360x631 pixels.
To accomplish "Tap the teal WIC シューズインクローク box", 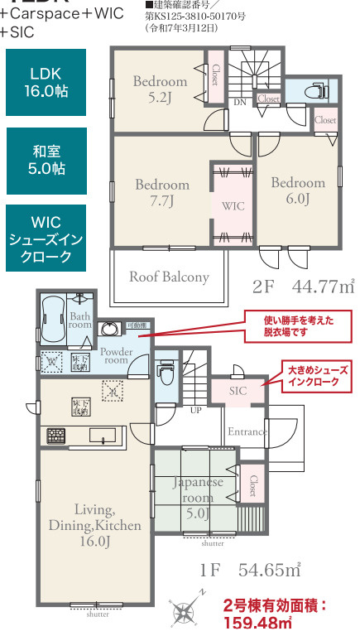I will click(x=49, y=239).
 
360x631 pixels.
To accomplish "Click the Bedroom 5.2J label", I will click(x=160, y=89).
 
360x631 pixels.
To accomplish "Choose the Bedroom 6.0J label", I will click(x=298, y=190).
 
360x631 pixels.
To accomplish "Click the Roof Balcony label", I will click(x=169, y=277).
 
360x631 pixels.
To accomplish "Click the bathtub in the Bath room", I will click(x=52, y=316).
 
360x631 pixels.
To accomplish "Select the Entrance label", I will click(x=247, y=431).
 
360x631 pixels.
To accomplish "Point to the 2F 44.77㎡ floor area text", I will click(x=303, y=287).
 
